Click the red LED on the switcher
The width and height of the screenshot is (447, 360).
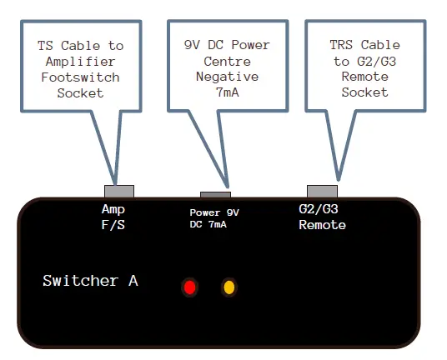pos(190,288)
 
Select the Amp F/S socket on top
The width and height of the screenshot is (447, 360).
pos(118,191)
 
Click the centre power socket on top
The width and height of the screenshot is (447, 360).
pos(215,193)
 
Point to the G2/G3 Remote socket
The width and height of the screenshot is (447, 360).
pos(322,191)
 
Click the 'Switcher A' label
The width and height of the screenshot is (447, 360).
pos(90,281)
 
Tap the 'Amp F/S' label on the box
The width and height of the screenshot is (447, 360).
pos(113,217)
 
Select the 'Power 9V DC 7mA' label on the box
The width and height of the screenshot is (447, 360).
pos(214,219)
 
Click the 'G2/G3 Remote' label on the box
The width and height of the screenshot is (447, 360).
pos(322,217)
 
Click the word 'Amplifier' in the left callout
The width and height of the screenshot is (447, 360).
pos(81,62)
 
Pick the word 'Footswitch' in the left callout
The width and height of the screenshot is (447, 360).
pos(81,77)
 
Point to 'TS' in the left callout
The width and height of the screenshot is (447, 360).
pos(48,46)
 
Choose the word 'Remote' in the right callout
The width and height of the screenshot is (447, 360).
pos(365,77)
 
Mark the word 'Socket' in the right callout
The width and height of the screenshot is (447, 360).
pos(365,92)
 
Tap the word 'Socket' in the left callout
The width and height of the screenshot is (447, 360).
pos(81,93)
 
